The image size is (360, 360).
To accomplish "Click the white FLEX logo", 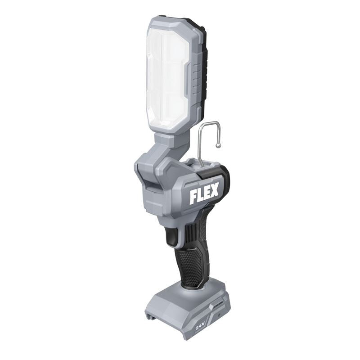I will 204,193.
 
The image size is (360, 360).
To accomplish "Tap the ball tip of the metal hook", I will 219,145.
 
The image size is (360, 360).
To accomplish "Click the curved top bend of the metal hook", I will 205,124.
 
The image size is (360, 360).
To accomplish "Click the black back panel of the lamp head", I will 204,67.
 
